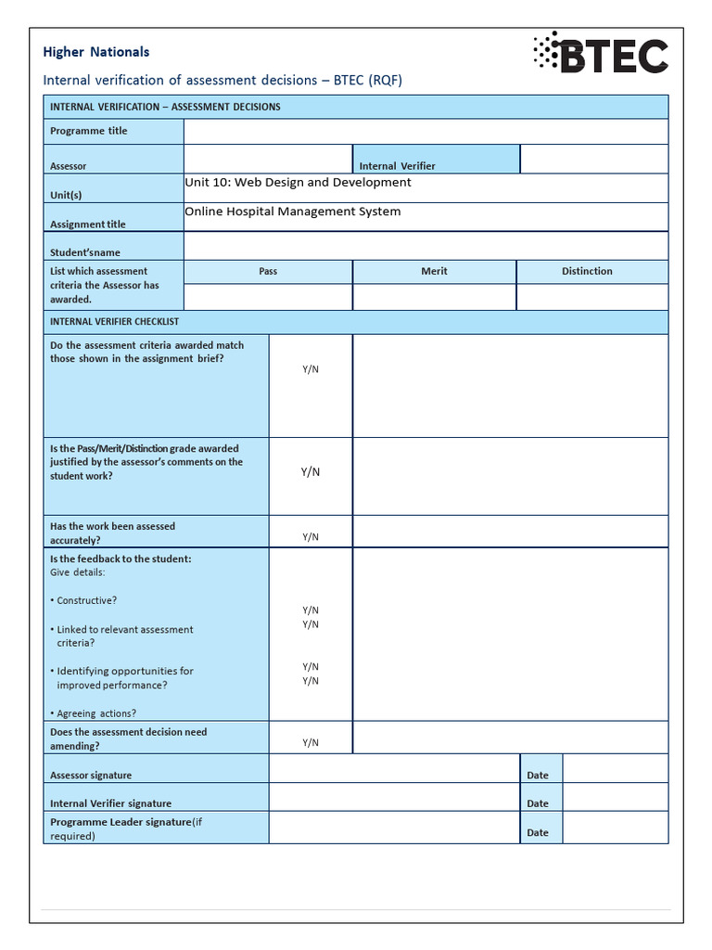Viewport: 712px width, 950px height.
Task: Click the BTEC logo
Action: pos(600,54)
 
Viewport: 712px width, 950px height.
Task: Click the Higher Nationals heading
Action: pos(96,52)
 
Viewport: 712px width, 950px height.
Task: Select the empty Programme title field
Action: pos(426,132)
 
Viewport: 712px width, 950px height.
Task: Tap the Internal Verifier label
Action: pos(397,166)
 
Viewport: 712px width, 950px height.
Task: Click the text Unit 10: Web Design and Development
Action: pos(298,183)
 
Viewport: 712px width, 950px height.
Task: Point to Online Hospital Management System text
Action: pos(293,212)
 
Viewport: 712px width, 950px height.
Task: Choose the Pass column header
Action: pos(268,272)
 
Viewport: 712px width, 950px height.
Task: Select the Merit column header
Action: pos(434,272)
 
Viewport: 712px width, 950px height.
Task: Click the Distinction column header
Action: pos(587,272)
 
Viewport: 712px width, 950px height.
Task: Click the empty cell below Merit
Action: pos(434,297)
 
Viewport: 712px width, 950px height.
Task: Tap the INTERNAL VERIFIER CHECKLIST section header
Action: pos(115,322)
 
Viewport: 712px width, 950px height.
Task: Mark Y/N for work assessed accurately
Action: pos(311,537)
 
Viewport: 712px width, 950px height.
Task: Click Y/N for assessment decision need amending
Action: pos(311,743)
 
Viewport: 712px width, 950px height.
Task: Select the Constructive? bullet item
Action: pos(86,601)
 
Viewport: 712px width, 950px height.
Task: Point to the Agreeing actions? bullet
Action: pos(96,713)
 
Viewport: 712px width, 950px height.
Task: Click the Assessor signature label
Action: pos(91,776)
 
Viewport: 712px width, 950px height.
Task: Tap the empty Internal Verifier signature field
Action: pos(394,798)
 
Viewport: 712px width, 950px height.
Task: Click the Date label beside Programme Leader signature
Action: pos(538,833)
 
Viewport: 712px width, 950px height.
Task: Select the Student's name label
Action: pos(85,252)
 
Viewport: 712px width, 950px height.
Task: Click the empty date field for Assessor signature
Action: pos(615,769)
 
